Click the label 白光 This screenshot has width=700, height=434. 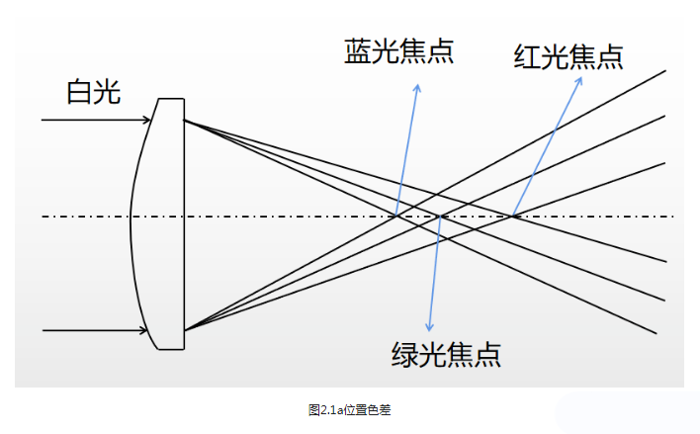coord(93,92)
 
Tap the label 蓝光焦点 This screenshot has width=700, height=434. coord(398,51)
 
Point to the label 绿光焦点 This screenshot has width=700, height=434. coord(446,353)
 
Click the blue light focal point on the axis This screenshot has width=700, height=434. coord(396,216)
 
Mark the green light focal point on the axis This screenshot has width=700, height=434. coord(440,216)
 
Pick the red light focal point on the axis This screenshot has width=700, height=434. coord(512,216)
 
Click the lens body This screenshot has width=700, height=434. coord(160,222)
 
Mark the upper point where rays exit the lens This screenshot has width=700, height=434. coord(184,121)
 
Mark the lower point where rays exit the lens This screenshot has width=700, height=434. coord(184,328)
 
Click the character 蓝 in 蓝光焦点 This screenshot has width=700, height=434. coord(357,51)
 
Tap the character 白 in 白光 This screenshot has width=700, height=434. coord(79,92)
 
